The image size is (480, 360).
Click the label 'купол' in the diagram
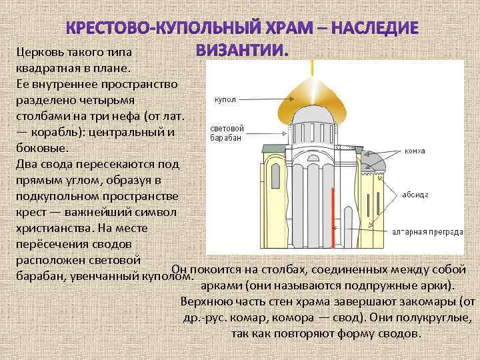pos(225,100)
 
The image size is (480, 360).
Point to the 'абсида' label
pos(414,195)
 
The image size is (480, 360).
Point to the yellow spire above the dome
pos(311,67)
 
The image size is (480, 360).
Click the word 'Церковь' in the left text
pos(38,53)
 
